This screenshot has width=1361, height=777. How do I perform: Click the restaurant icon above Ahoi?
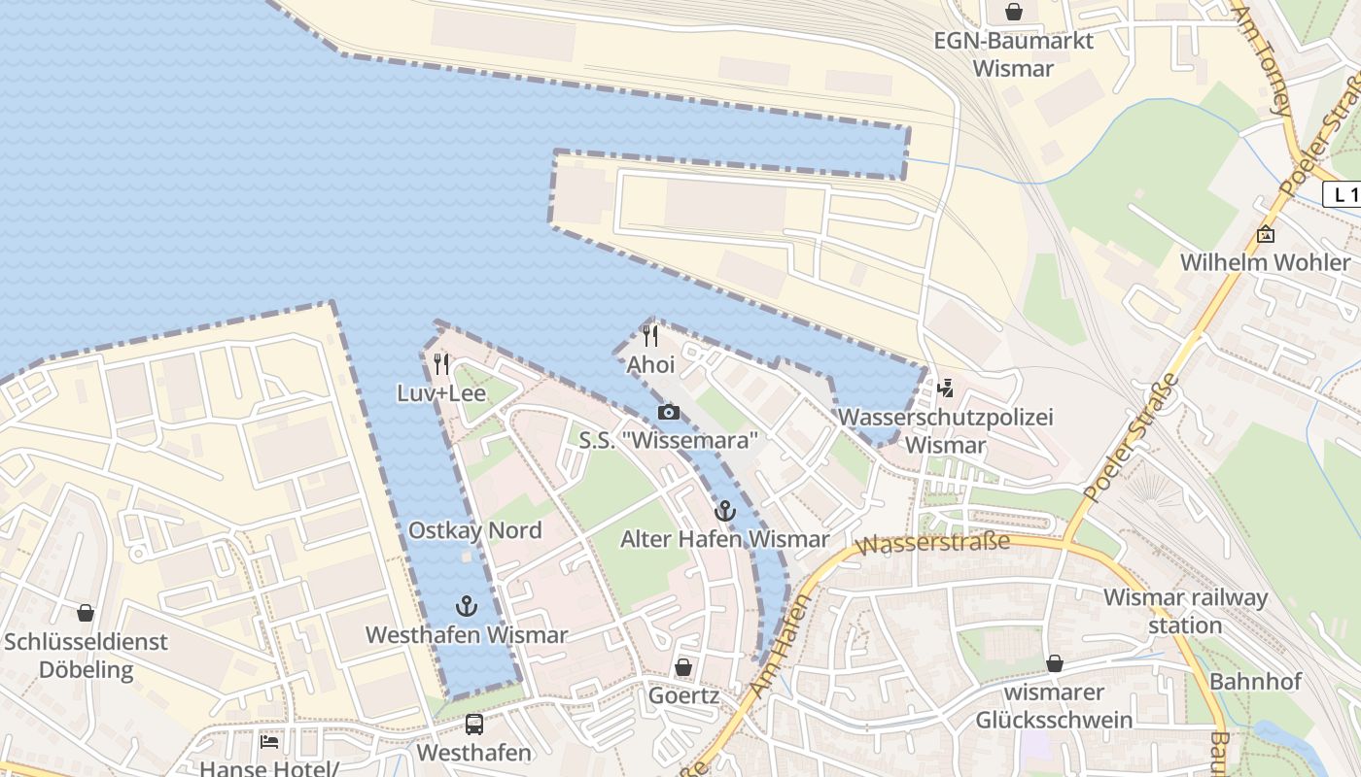click(650, 336)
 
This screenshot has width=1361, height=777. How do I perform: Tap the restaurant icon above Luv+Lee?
click(441, 364)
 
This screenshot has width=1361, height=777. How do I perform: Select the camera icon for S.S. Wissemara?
click(668, 412)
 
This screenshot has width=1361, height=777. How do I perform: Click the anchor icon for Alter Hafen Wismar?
click(724, 511)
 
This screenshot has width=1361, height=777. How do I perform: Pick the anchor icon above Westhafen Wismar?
click(467, 606)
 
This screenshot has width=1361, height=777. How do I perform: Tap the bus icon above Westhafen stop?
click(473, 724)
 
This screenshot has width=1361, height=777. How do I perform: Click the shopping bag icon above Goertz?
click(683, 667)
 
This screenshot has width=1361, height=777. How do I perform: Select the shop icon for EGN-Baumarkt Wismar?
click(1014, 12)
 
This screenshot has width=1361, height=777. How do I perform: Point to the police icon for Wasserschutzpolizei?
click(945, 388)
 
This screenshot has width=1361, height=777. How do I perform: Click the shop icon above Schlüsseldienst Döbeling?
click(86, 613)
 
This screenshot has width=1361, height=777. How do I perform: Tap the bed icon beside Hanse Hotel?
click(269, 742)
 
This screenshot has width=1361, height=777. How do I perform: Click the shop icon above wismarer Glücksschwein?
click(1055, 664)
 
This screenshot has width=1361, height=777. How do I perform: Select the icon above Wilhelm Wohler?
click(1265, 234)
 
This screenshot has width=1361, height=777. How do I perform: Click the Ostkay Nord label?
click(474, 530)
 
